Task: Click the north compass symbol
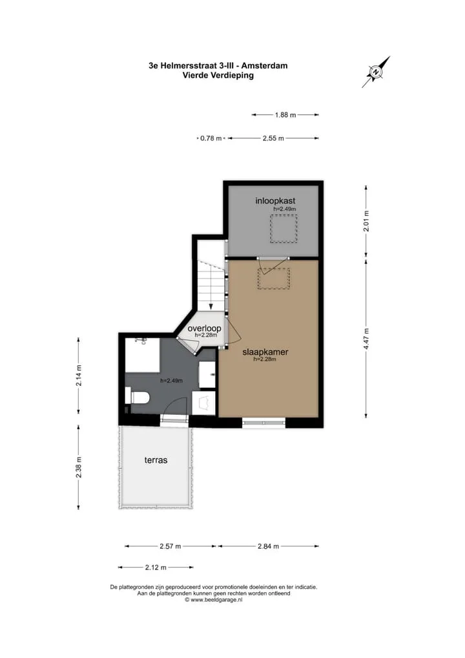click(376, 72)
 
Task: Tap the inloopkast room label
click(275, 200)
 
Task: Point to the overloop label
click(204, 328)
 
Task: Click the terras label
click(156, 460)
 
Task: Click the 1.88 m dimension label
click(285, 114)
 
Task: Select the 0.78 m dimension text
click(211, 138)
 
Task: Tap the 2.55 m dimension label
click(273, 138)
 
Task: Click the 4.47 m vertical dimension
click(366, 339)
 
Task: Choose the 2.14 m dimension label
click(79, 376)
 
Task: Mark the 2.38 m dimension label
click(79, 467)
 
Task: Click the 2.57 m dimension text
click(170, 546)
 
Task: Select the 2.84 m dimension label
click(269, 546)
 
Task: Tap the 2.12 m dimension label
click(156, 568)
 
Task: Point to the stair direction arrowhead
click(211, 307)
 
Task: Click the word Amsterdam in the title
click(265, 65)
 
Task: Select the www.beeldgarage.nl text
click(216, 600)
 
